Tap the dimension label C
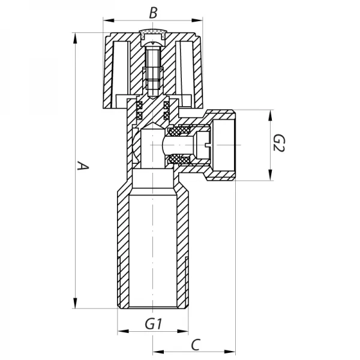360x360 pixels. click(196, 344)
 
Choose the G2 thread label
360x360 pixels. click(278, 145)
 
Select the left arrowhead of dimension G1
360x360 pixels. click(122, 331)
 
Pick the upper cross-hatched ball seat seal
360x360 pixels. click(178, 131)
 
